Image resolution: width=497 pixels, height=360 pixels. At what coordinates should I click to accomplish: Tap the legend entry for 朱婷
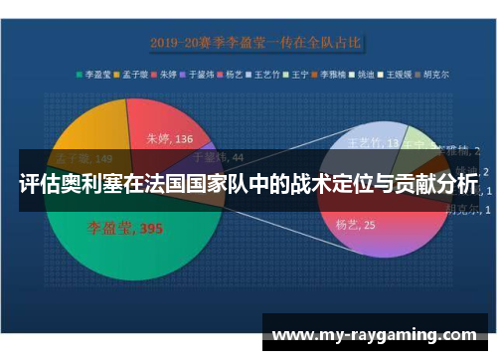click(x=169, y=74)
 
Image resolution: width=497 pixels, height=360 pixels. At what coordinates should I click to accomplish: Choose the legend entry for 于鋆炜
click(x=203, y=74)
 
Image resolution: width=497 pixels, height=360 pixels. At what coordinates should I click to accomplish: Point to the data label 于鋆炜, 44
click(x=217, y=156)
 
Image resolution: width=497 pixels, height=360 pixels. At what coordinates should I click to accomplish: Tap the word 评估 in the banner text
click(x=38, y=185)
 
